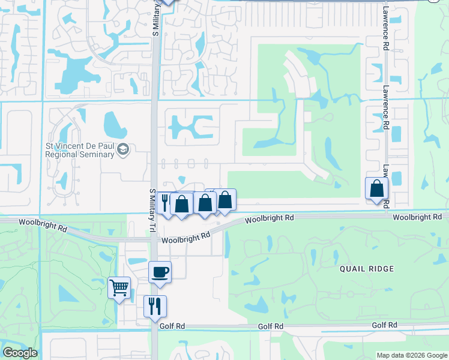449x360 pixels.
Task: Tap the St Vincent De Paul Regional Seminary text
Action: (x=80, y=150)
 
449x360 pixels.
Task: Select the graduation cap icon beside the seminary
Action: (x=123, y=149)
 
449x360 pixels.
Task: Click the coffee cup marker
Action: (x=160, y=272)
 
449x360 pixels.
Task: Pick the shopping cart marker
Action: (x=119, y=289)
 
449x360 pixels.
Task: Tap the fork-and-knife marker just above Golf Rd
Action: (x=155, y=306)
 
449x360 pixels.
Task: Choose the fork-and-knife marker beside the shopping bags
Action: (x=164, y=202)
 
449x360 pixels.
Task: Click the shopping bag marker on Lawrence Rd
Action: (x=376, y=188)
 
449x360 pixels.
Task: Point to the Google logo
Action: (x=20, y=353)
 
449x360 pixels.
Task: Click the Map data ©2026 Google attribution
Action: (x=411, y=355)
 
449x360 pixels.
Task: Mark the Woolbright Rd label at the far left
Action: (x=43, y=226)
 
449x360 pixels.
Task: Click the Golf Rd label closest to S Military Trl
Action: (x=171, y=326)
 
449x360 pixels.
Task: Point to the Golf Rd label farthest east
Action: (x=385, y=325)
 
